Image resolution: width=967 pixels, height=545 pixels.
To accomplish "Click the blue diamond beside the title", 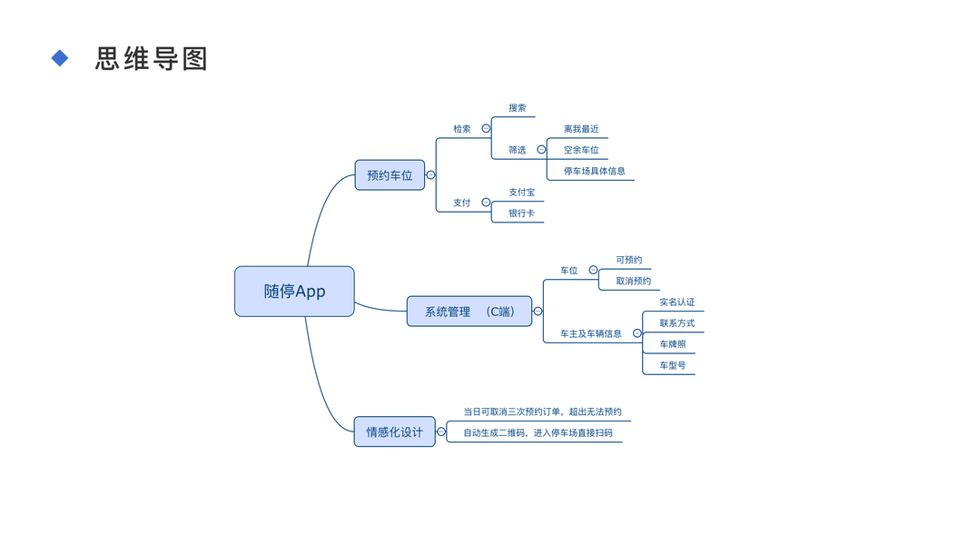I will tap(60, 58).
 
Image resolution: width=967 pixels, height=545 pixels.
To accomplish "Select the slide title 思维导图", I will tap(152, 59).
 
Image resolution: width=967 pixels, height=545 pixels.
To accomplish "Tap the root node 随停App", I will tap(294, 292).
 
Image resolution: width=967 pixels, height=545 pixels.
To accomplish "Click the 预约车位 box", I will tap(390, 175).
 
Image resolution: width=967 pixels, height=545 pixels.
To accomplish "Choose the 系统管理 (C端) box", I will tap(469, 312).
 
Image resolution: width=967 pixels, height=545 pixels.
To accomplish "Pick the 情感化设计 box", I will tap(394, 432).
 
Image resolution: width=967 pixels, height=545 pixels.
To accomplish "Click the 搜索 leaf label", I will tap(518, 108).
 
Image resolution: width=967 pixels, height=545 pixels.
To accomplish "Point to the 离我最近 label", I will tap(581, 129).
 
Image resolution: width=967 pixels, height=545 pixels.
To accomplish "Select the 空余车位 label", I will tap(581, 150).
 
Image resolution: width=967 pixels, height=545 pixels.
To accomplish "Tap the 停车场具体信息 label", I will tap(594, 171).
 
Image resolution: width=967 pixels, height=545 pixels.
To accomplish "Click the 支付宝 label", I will tap(521, 193).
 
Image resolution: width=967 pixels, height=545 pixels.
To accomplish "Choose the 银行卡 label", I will tap(521, 213).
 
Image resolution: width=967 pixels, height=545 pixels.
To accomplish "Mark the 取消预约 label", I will tap(633, 281).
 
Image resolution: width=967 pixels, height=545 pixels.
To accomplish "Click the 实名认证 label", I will tap(676, 302).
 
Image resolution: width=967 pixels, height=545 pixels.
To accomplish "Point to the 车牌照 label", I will tap(673, 344).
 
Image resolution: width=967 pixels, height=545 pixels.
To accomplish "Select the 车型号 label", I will tap(673, 365).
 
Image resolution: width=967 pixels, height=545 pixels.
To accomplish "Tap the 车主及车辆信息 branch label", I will tap(591, 333).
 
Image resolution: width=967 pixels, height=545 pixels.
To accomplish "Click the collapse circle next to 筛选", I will tap(541, 150).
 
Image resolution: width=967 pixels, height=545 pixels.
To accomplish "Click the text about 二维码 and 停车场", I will tap(538, 433).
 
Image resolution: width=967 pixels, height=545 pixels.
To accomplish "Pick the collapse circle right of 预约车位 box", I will tap(430, 175).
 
